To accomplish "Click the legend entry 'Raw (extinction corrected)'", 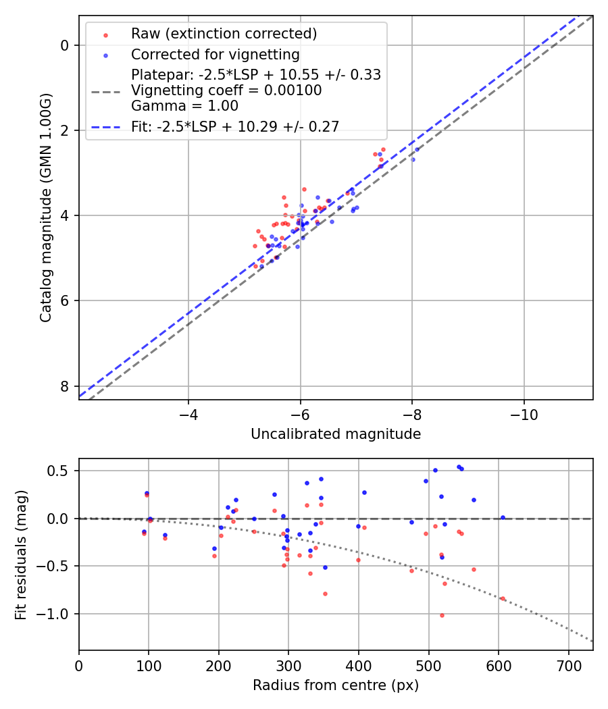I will coord(224,34).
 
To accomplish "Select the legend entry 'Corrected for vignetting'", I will coord(215,54).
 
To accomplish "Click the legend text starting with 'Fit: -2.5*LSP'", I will coord(235,126).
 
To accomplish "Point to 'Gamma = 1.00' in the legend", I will coord(184,105).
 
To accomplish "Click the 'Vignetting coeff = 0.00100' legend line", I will coord(226,90).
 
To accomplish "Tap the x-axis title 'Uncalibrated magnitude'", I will coord(336,434).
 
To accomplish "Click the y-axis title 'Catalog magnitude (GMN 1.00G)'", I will coord(45,207).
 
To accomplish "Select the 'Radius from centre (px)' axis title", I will coord(336,685).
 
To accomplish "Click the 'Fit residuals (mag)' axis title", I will coord(21,554).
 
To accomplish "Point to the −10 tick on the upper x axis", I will coord(524,413).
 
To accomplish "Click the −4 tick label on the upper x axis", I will coord(188,413).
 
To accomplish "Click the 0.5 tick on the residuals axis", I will coord(61,471).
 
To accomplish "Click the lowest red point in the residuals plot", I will coord(442,615).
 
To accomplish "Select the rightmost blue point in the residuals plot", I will coord(503,517).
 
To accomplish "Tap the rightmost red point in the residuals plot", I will coord(503,598).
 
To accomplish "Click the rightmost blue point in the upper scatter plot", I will coord(417,149).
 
